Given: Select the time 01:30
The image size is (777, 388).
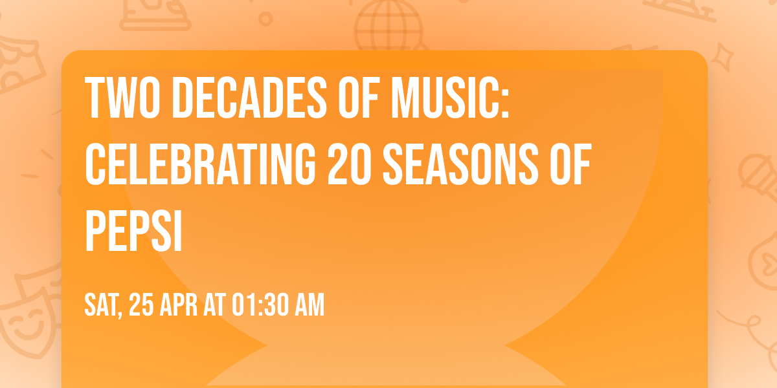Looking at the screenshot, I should [259, 305].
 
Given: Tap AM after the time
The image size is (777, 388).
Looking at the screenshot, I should [307, 305].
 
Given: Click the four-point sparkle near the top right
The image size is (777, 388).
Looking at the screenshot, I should [725, 55].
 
